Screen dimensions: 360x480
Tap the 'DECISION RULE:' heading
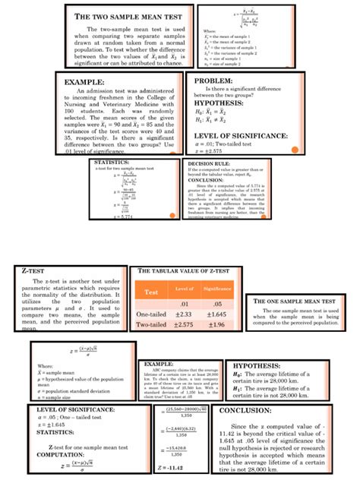(x=207, y=163)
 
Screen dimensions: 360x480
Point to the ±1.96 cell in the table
(x=216, y=324)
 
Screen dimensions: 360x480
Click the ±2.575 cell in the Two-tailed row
(x=184, y=324)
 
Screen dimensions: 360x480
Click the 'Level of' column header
(x=184, y=289)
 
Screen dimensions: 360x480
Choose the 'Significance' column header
(x=216, y=289)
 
